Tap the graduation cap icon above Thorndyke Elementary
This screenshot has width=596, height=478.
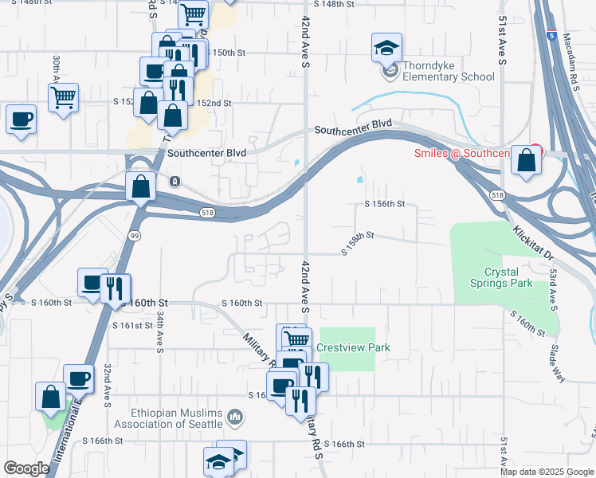point(386,49)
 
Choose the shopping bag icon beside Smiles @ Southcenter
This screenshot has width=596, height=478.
point(527,161)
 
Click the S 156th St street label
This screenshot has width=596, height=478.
point(385,204)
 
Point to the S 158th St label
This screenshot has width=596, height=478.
point(357,243)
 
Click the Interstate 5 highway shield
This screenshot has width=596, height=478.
point(551,35)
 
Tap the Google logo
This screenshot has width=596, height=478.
point(26,468)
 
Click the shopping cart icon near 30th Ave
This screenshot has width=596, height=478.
point(63,99)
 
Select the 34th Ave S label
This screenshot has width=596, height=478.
point(160,331)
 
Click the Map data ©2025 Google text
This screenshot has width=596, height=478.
point(547,472)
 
